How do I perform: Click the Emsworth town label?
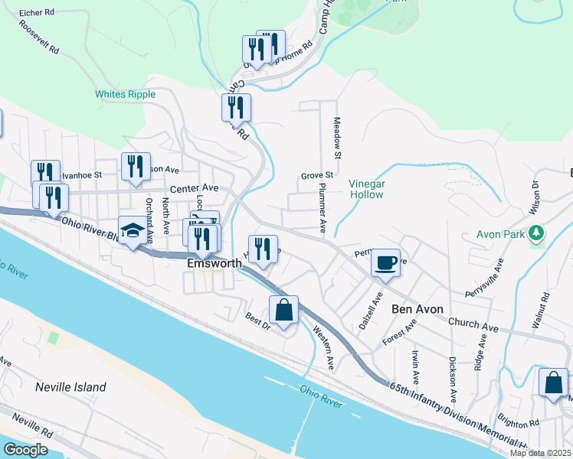(215, 263)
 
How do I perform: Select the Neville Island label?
(70, 387)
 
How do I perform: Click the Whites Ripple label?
(125, 94)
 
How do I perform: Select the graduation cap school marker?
(133, 230)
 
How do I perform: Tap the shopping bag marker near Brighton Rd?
(553, 383)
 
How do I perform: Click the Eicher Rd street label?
(38, 13)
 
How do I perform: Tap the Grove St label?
(317, 175)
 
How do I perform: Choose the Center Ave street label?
(195, 187)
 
